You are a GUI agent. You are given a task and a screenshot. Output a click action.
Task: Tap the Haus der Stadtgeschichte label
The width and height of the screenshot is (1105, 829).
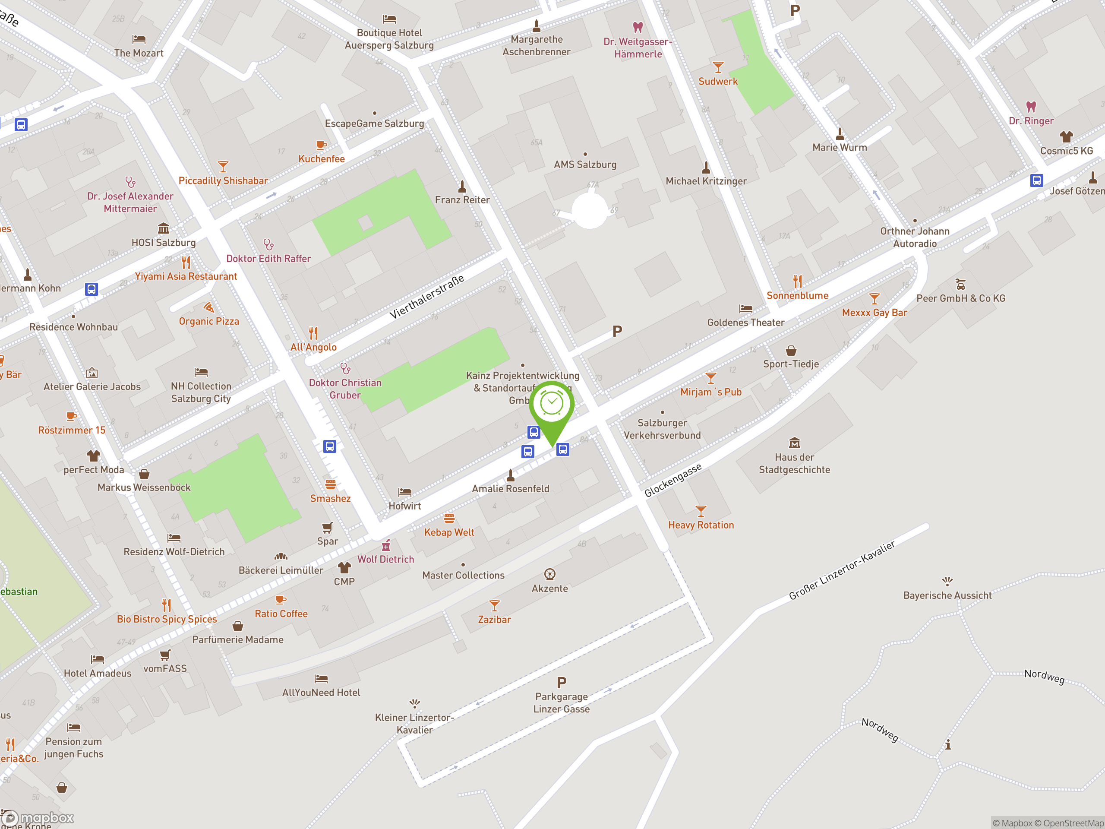794,463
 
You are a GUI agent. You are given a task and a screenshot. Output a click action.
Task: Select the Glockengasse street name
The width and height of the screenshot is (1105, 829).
672,480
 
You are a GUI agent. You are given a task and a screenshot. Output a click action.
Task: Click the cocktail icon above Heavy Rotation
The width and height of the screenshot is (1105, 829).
701,511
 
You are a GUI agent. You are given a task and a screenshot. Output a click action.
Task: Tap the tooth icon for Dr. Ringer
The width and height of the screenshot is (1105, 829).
1031,107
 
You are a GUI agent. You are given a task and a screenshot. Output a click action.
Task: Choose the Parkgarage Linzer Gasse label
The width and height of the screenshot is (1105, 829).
562,702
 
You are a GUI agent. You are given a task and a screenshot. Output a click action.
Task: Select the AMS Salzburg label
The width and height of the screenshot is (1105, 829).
585,165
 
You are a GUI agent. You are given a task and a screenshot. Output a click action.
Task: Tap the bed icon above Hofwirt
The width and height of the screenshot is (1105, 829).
404,492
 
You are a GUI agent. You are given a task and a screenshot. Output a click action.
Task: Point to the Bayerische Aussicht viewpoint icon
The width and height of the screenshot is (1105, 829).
947,581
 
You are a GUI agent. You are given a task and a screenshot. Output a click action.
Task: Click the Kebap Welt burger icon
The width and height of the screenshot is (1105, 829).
449,518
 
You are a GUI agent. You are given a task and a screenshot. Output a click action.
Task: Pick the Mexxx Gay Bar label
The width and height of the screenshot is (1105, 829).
874,313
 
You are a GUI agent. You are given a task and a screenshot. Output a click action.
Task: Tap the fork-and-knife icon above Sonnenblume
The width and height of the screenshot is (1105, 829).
798,282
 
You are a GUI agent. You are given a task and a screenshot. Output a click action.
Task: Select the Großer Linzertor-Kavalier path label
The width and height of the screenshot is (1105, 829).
842,570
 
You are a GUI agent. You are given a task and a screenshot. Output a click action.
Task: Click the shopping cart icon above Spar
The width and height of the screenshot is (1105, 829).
327,528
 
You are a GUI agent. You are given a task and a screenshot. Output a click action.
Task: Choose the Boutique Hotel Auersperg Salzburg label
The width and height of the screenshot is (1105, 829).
389,39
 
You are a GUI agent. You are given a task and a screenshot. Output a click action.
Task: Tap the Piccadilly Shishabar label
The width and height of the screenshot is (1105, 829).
223,181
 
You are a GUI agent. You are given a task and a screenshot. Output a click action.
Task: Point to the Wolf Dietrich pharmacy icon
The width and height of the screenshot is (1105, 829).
385,545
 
